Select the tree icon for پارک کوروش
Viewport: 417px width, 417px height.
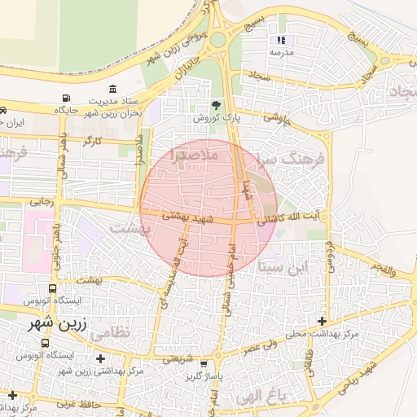pos(216,105)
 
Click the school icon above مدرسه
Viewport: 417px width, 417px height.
pos(282,40)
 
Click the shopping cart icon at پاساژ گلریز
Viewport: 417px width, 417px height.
pos(216,363)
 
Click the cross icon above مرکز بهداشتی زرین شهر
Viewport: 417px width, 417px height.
pos(100,358)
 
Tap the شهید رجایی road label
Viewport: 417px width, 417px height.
pos(41,199)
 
